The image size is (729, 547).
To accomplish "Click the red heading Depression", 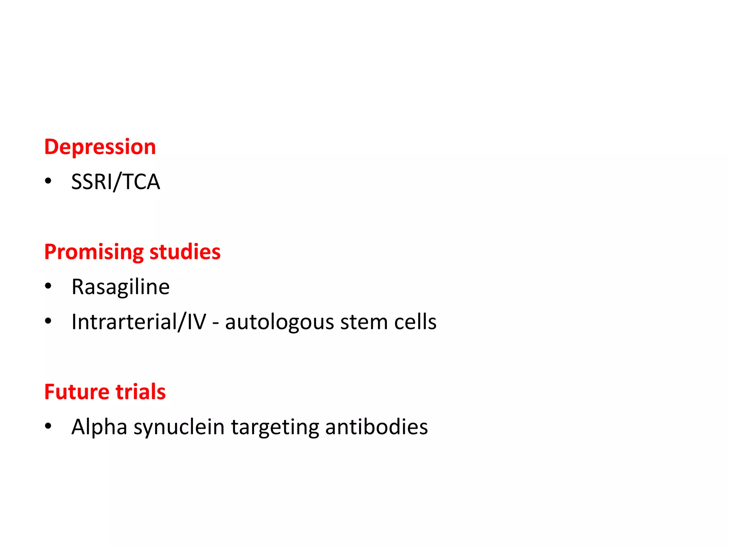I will [100, 147].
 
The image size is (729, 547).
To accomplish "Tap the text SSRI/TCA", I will [116, 182].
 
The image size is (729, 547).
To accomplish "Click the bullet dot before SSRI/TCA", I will [48, 181].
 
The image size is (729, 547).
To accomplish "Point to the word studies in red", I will [185, 252].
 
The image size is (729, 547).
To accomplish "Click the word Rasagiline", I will [121, 287].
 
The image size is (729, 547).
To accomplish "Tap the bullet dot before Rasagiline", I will [48, 286].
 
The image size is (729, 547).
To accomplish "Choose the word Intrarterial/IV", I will [139, 322].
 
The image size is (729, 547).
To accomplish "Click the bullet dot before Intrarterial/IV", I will [48, 321].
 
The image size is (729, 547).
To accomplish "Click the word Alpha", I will [99, 427].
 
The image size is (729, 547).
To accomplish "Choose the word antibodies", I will [376, 427].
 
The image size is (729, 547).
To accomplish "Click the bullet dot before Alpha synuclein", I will [48, 426].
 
